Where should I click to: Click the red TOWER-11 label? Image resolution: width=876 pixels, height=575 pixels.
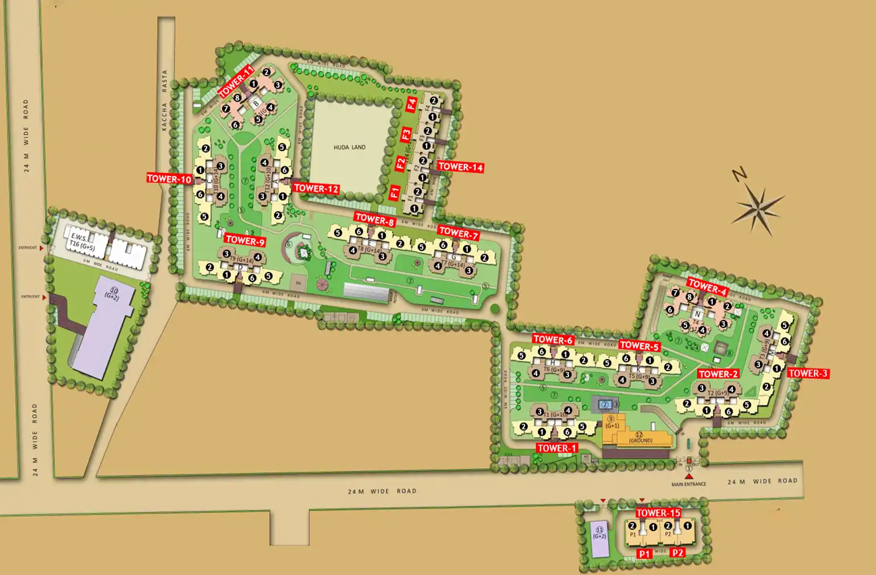pos(236,82)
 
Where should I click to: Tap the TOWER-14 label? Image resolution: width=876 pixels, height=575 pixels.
pos(460,167)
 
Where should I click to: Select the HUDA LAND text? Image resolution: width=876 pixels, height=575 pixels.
pos(349,147)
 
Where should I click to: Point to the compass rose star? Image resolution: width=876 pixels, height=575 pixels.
pos(757,208)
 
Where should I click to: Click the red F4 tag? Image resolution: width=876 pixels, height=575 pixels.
pos(412,104)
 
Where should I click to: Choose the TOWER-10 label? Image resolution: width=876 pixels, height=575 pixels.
pos(169,179)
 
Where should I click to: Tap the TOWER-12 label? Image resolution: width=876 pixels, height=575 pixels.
pos(316,189)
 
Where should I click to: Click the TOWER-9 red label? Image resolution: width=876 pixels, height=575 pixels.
pos(245,241)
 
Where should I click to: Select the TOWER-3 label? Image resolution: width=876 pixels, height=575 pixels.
pos(808,374)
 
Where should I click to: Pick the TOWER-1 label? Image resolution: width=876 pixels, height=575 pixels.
pos(557,448)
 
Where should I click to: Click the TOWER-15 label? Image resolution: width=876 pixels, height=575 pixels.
pos(658,513)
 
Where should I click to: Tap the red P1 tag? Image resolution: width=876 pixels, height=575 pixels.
pos(644,553)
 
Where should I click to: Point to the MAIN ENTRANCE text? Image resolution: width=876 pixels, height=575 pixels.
pos(689,484)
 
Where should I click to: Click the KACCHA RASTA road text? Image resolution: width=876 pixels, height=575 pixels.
pos(165,100)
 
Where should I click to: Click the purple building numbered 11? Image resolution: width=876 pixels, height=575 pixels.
pos(600,538)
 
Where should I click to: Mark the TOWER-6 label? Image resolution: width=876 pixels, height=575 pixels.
pos(553,340)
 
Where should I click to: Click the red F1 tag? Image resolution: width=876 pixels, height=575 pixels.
pos(395,192)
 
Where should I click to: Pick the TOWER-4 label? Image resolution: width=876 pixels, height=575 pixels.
pos(707,287)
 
